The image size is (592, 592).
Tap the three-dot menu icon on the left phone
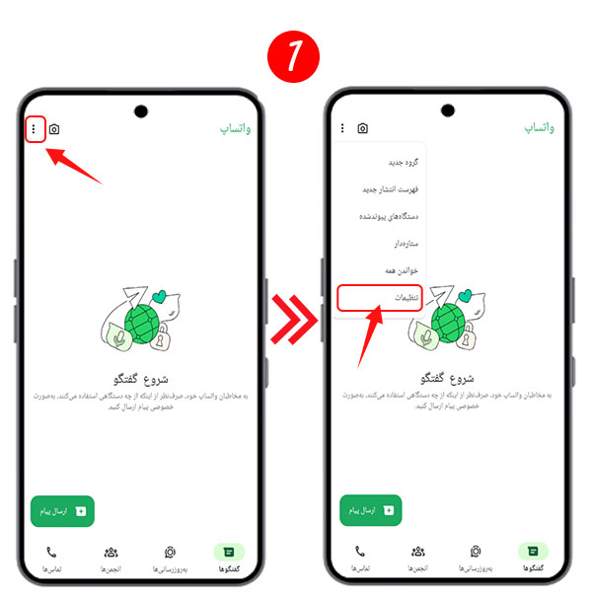click(x=34, y=128)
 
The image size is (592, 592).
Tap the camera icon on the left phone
click(x=54, y=129)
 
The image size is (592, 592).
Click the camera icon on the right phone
click(x=363, y=128)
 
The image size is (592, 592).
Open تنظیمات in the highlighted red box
click(x=380, y=298)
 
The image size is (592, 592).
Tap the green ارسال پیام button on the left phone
click(x=62, y=510)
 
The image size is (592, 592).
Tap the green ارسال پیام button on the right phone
click(x=371, y=510)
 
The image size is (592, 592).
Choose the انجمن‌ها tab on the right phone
click(x=418, y=558)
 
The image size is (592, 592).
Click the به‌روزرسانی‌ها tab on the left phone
click(x=170, y=558)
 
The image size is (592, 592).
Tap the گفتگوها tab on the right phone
click(x=533, y=558)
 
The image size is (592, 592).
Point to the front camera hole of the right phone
click(x=450, y=109)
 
